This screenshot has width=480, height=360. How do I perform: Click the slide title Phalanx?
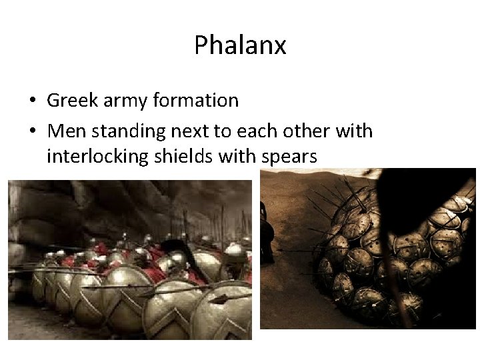point(240,45)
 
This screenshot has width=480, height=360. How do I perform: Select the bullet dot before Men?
point(32,132)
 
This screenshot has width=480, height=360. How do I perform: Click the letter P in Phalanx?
point(201,45)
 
